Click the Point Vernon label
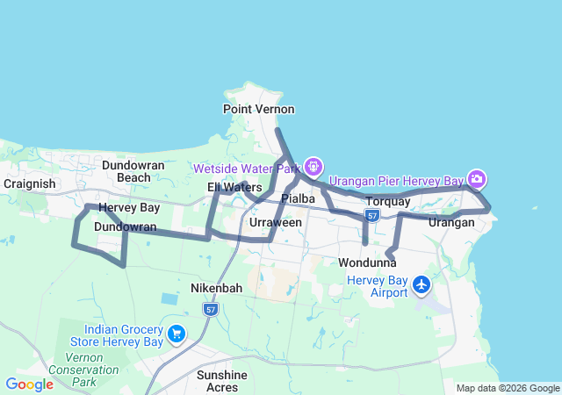point(258,109)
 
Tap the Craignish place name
point(30,183)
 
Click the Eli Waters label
point(234,187)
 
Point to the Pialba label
point(298,199)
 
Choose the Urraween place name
point(276,223)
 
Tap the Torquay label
point(387,202)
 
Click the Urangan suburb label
point(451,223)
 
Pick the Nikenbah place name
point(216,288)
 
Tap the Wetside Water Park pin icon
point(313,167)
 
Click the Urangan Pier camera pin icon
point(476,180)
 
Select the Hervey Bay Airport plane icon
point(422,284)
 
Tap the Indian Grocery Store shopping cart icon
point(177,334)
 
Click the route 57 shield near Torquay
point(372,215)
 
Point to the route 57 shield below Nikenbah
point(210,309)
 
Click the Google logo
point(29,384)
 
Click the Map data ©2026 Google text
point(508,388)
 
